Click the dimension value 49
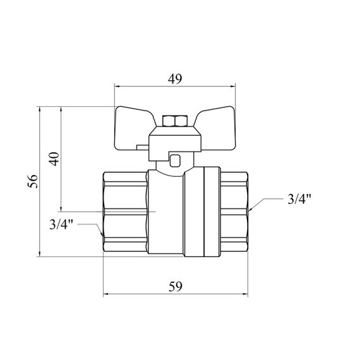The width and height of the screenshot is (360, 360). coord(175,79)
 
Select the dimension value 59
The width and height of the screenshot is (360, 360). coord(176,287)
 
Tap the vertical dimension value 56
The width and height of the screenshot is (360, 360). coord(33,181)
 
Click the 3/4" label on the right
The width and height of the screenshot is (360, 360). coord(299,199)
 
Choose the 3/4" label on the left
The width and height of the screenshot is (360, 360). coord(61,224)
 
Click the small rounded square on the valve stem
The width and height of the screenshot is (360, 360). coord(175,160)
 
